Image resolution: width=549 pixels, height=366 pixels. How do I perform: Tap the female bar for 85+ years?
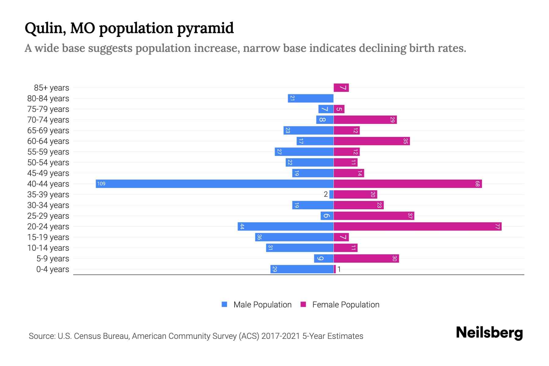[341, 88]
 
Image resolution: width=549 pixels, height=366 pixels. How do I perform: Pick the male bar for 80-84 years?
[310, 98]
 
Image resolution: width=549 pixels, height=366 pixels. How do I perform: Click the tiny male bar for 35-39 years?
[331, 194]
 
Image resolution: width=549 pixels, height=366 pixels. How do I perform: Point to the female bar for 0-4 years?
[335, 269]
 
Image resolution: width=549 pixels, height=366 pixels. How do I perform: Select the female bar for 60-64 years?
[371, 141]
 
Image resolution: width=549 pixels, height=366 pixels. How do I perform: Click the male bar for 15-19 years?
[294, 237]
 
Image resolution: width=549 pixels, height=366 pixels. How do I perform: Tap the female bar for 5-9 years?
[366, 258]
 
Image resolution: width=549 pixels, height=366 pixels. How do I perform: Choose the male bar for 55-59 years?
[304, 152]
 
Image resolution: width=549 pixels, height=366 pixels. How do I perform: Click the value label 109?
[101, 184]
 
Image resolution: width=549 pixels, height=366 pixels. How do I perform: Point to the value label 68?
[477, 184]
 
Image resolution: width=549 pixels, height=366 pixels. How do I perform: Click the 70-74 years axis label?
[48, 120]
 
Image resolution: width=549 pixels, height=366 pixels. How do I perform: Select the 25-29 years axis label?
[48, 216]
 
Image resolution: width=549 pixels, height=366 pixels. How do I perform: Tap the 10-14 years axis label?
[48, 248]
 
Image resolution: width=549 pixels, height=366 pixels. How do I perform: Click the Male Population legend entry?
[256, 304]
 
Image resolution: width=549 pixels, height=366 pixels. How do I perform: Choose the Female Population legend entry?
[340, 304]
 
